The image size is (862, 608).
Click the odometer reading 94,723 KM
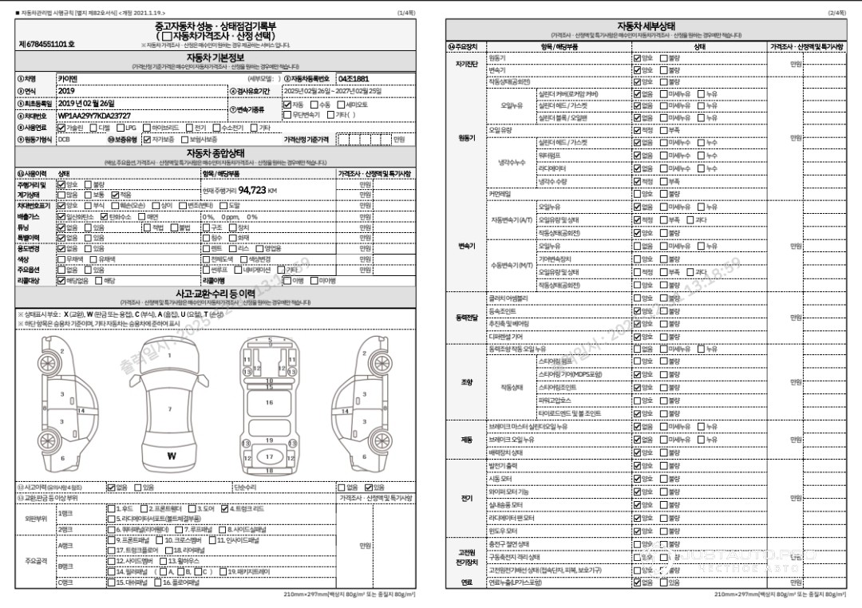point(257,191)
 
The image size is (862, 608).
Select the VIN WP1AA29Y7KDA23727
point(94,116)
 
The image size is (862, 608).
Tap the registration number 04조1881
point(353,80)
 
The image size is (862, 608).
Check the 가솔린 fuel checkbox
point(62,128)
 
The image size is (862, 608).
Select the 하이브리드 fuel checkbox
point(147,128)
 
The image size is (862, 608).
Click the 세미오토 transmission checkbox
point(341,105)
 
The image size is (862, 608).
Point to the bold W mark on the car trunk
point(172,456)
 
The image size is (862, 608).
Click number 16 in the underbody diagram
point(269,402)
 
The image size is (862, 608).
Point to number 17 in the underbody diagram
point(269,457)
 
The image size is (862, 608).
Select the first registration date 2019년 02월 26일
point(86,104)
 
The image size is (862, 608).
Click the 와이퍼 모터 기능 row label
point(508,492)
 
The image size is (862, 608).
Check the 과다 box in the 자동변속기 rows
point(690,219)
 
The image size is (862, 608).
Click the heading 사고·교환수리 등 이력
point(215,294)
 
